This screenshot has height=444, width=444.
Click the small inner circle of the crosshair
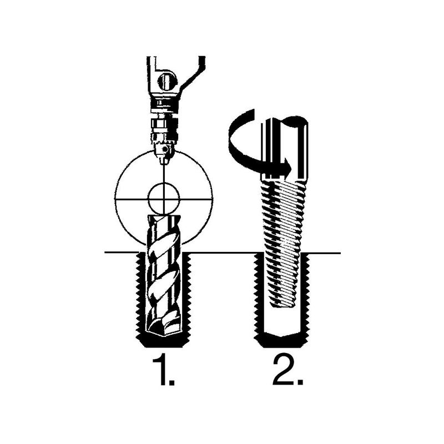[x=163, y=199]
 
